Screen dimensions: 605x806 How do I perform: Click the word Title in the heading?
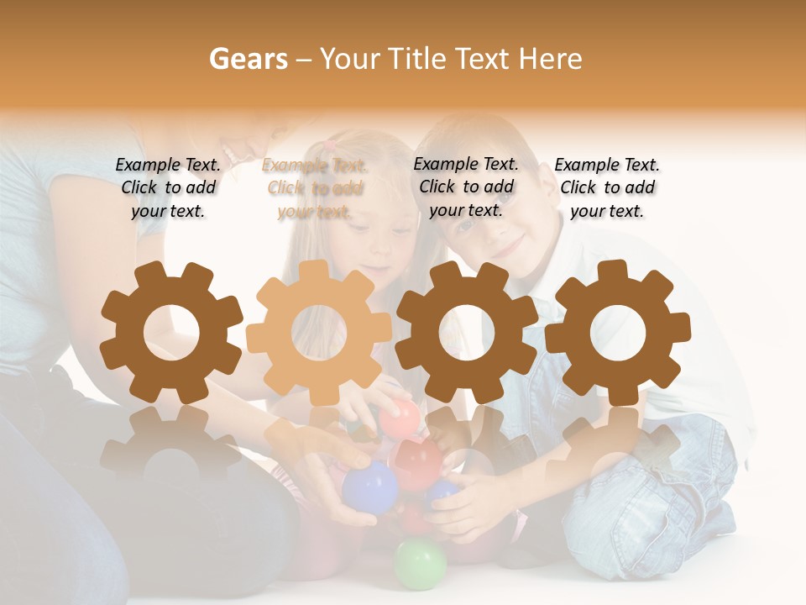415,59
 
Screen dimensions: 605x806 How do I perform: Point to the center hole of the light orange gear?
319,333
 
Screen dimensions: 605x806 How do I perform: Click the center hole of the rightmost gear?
618,333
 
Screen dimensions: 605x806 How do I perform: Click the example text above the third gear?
466,187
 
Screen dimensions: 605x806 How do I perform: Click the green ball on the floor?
421,563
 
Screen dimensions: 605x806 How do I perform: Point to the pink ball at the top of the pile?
399,418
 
